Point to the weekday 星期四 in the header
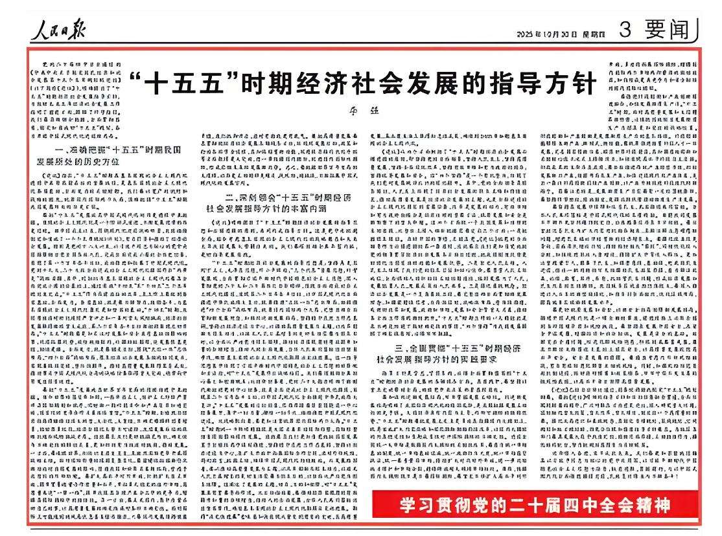(x=588, y=34)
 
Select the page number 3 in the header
(x=625, y=30)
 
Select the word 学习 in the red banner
(x=411, y=504)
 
